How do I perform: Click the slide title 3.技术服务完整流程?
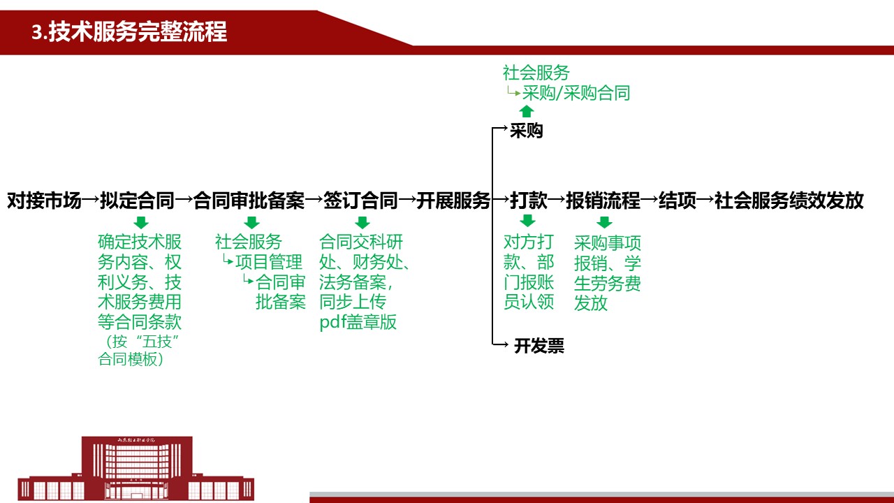(129, 31)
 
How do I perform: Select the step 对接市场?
(44, 201)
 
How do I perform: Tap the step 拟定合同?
(138, 201)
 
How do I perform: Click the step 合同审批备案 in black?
(249, 201)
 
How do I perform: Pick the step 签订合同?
(360, 201)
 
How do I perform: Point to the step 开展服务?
(453, 201)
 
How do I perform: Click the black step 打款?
(529, 201)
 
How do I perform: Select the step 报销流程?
(603, 201)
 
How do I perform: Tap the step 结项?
(677, 201)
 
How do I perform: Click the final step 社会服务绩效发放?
(789, 201)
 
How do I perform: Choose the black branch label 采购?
(527, 131)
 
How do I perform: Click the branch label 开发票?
(539, 346)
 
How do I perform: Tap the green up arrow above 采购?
(527, 111)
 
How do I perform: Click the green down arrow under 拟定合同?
(141, 222)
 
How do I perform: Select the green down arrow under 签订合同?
(362, 222)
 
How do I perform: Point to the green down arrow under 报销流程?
(604, 222)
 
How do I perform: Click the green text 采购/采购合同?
(576, 93)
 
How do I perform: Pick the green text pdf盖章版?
(358, 322)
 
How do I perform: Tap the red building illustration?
(136, 468)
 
